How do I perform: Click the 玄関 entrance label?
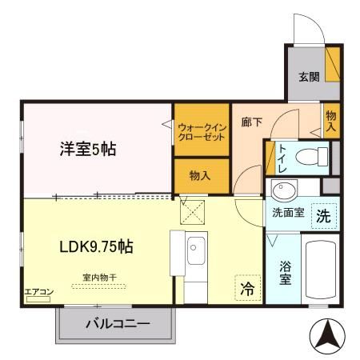310,78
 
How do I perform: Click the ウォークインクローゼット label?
202,131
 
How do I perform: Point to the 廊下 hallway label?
250,124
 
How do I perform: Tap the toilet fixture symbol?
315,155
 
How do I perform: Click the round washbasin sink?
282,190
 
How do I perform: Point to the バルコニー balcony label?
117,325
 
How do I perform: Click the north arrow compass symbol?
326,336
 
